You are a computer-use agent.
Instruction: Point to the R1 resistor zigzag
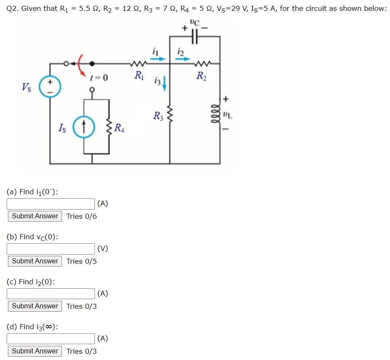[x=137, y=64]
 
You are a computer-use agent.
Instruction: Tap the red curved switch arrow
[x=82, y=62]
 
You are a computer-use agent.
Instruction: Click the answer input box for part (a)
[x=51, y=204]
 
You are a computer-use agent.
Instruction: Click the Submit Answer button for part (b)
[x=35, y=261]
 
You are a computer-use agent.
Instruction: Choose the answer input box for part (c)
[x=51, y=294]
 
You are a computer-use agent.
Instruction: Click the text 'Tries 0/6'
[x=82, y=216]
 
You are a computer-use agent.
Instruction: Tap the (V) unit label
[x=102, y=249]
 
